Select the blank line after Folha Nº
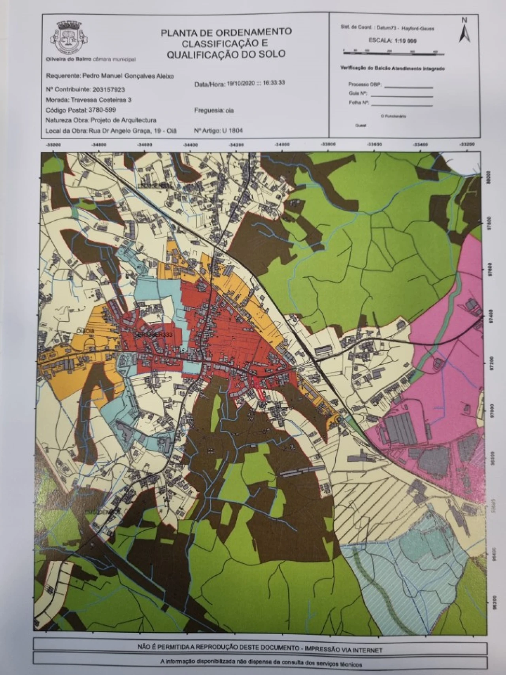402,105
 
